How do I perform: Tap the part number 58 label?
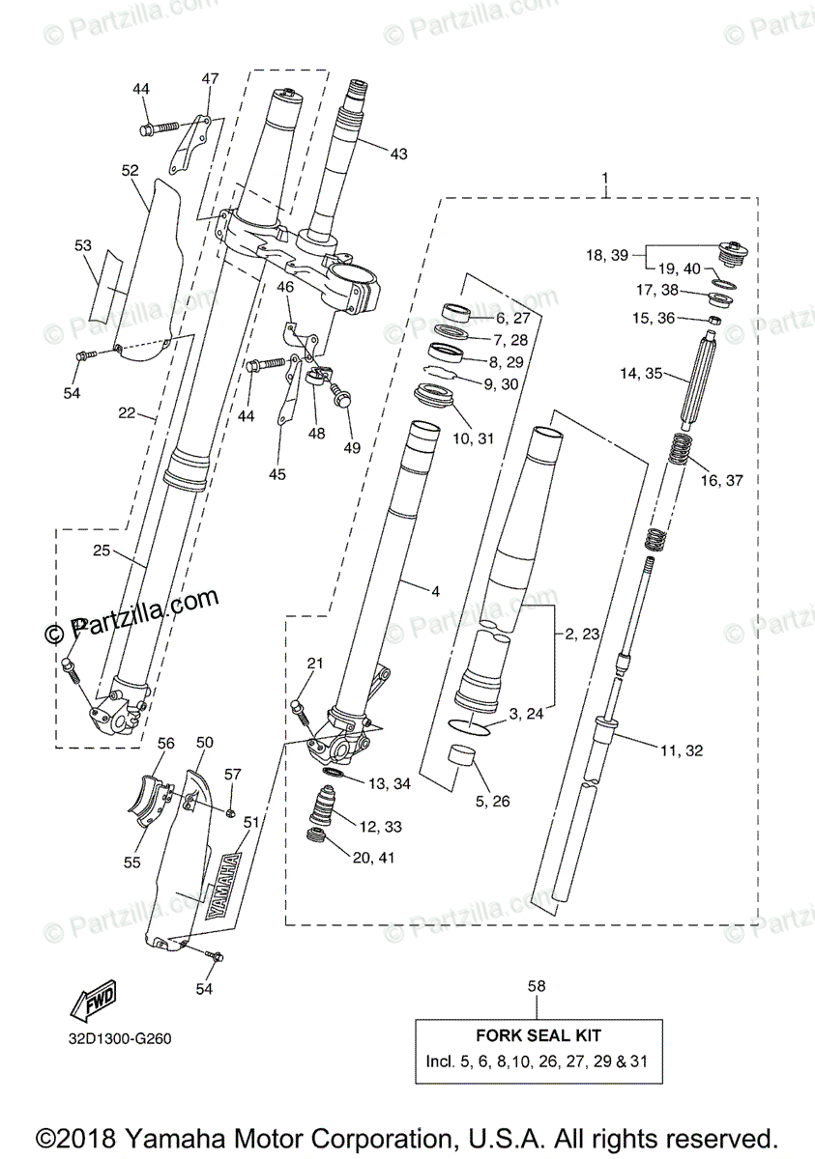pos(538,986)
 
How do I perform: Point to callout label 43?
pos(399,153)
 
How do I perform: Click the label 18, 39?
pos(607,255)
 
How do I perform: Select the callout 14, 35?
pos(641,374)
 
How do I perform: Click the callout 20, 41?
pos(372,857)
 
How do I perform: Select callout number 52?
pos(131,170)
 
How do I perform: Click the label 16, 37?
pos(721,480)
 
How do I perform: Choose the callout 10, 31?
pos(473,438)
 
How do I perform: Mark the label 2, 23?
pos(583,635)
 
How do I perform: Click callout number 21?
pos(314,662)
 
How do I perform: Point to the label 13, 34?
pos(390,783)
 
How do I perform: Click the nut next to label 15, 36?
pos(712,321)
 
